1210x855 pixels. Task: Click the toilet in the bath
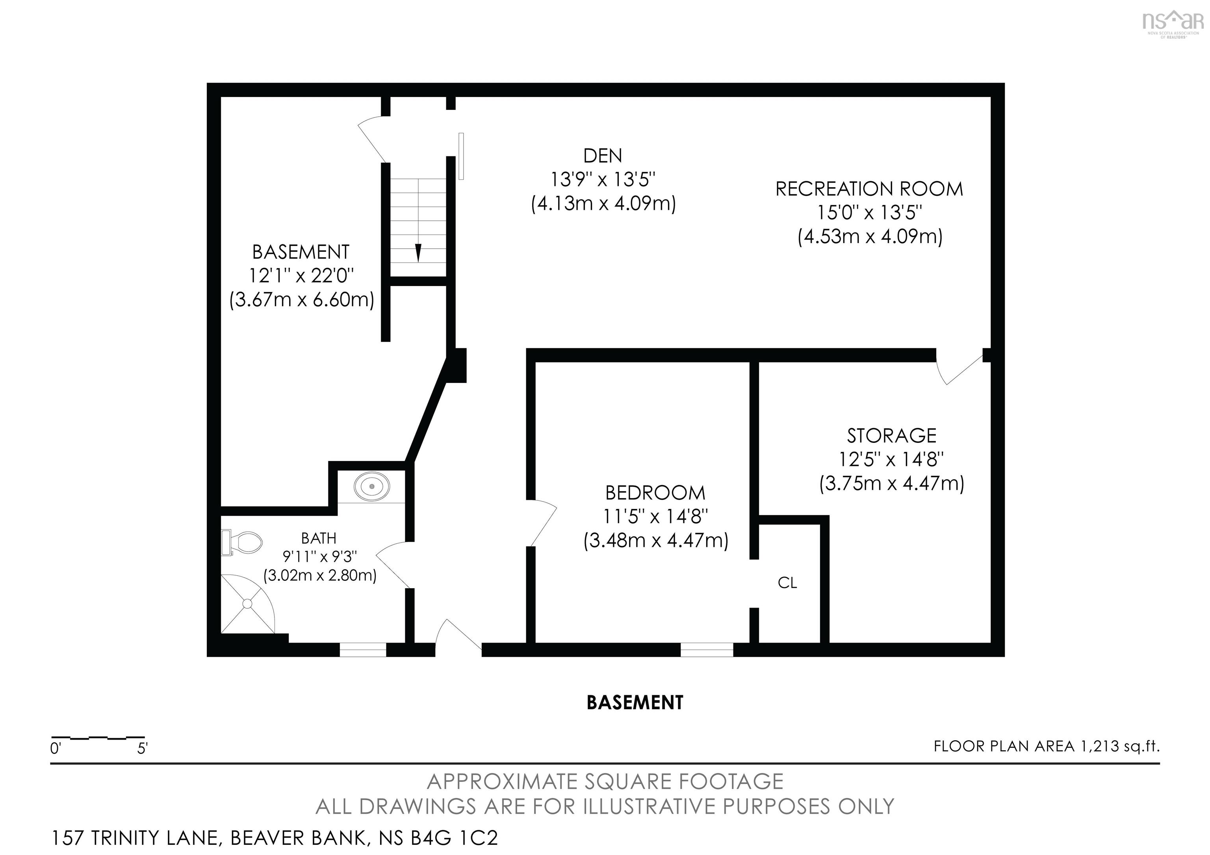(x=244, y=543)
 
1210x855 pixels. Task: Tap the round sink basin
(x=372, y=486)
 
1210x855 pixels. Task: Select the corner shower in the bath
(x=245, y=605)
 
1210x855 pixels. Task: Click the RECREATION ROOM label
(x=869, y=189)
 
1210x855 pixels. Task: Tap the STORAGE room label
(x=892, y=435)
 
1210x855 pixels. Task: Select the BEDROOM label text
(x=655, y=493)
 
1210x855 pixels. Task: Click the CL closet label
(x=787, y=583)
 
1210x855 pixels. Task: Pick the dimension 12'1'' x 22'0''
(x=301, y=276)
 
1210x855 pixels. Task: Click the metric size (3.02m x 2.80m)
(x=320, y=575)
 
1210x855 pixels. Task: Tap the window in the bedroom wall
(x=707, y=650)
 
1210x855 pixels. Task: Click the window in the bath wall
(x=363, y=650)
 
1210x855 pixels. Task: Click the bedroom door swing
(x=543, y=522)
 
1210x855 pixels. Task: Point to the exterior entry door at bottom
(x=457, y=637)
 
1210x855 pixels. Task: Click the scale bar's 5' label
(x=142, y=749)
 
